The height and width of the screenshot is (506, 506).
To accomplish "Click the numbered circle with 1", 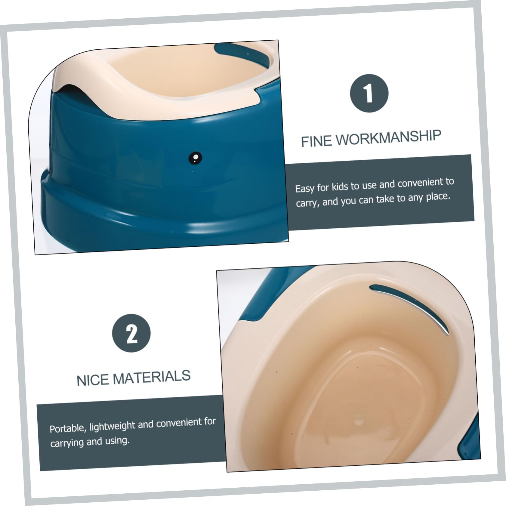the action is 369,93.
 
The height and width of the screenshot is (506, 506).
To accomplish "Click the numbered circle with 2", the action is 131,333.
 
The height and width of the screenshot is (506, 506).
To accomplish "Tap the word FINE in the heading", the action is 316,141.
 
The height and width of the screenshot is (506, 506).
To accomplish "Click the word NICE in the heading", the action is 92,380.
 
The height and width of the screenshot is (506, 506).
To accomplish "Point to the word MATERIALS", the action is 152,378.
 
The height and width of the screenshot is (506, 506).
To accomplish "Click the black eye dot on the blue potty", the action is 195,158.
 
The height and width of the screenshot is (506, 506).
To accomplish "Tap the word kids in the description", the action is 339,187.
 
